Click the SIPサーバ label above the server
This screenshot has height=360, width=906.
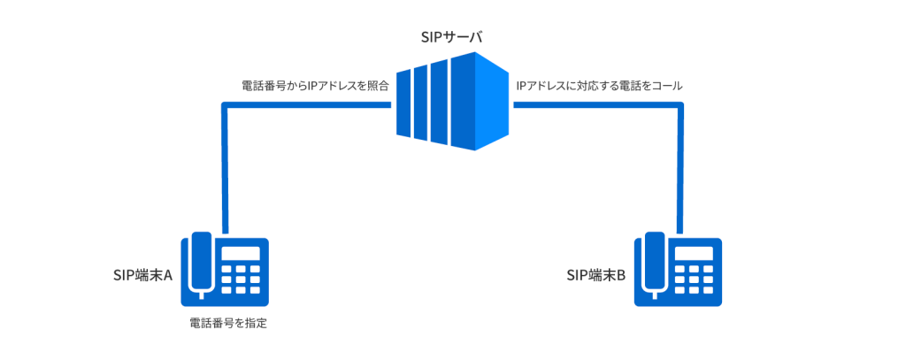click(451, 39)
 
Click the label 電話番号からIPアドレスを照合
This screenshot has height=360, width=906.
click(315, 88)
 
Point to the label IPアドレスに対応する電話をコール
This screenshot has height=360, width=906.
click(599, 88)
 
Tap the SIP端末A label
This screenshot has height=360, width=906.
click(142, 275)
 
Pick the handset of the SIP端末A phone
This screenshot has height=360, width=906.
click(202, 263)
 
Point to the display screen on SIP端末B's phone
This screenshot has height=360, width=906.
click(694, 254)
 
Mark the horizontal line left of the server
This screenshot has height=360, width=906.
click(305, 105)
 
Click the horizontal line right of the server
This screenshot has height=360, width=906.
click(597, 105)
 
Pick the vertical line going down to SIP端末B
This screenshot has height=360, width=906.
click(679, 168)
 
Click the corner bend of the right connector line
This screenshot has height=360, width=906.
click(679, 105)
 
